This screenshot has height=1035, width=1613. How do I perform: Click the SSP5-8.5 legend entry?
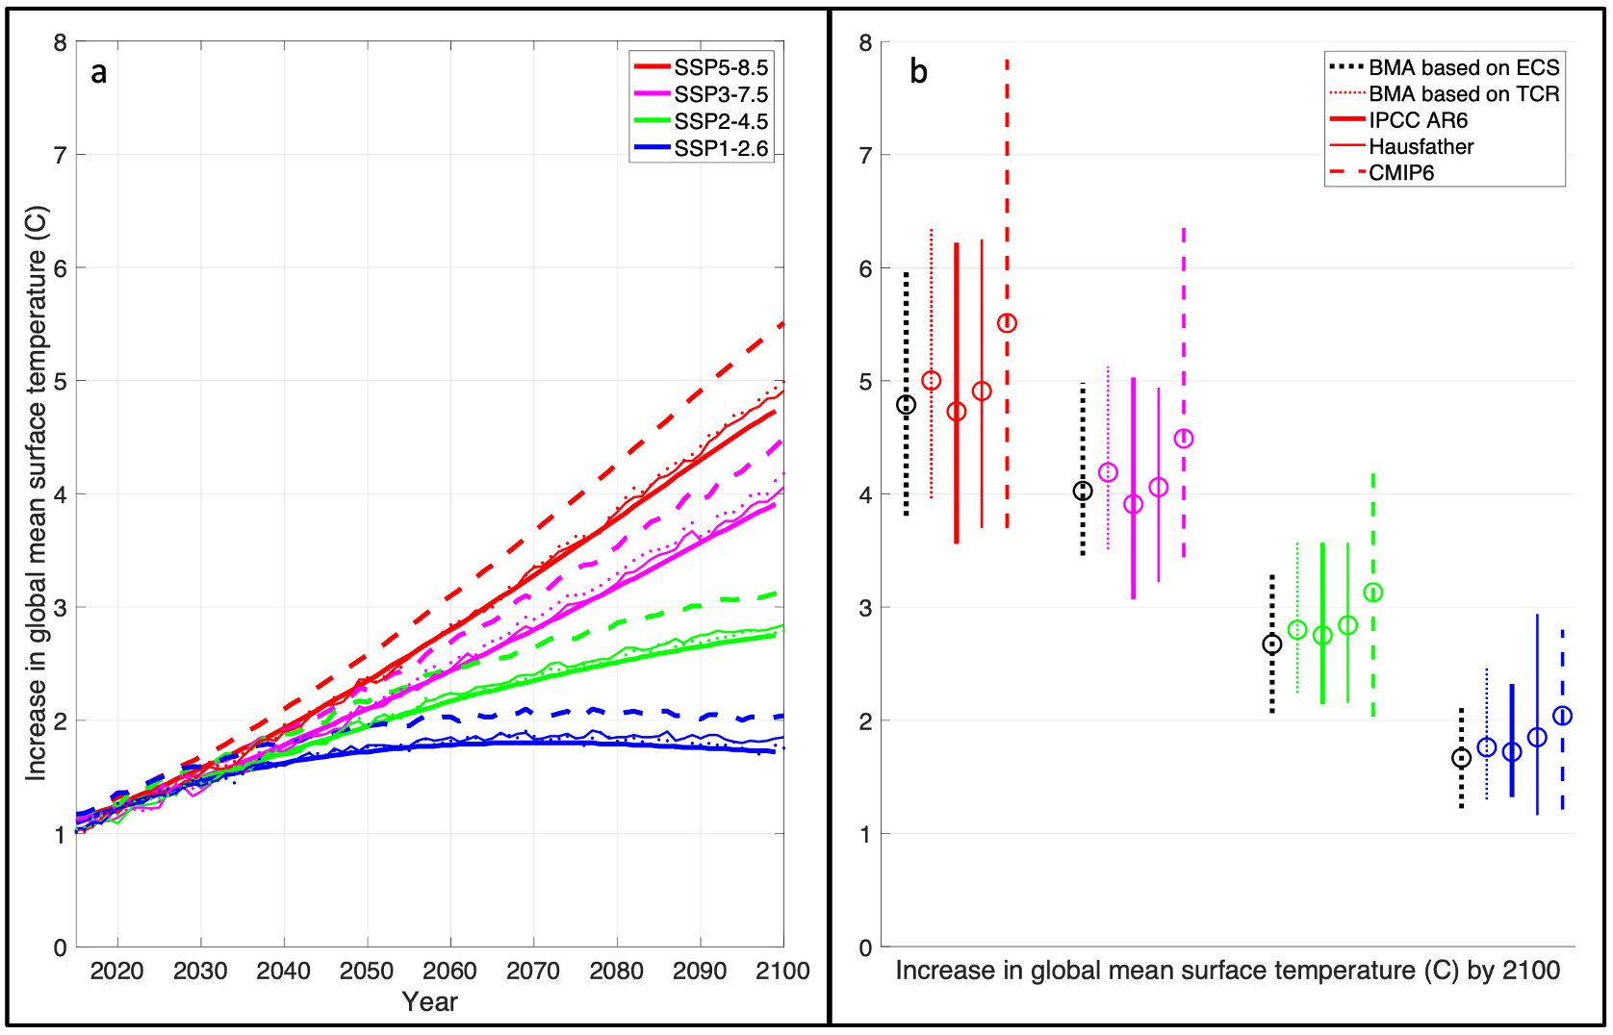pyautogui.click(x=720, y=67)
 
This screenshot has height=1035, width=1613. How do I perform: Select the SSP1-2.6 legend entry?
pyautogui.click(x=720, y=148)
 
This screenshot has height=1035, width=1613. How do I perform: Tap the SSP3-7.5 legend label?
pyautogui.click(x=720, y=94)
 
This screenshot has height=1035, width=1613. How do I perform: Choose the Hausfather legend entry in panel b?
pyautogui.click(x=1421, y=146)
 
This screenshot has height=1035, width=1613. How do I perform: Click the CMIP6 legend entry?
pyautogui.click(x=1401, y=173)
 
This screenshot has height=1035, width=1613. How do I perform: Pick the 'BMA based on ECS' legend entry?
pyautogui.click(x=1463, y=67)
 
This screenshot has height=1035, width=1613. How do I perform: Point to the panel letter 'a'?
pyautogui.click(x=98, y=72)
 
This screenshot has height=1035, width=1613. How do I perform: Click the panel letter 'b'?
pyautogui.click(x=918, y=72)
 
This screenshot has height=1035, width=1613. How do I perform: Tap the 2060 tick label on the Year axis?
pyautogui.click(x=449, y=971)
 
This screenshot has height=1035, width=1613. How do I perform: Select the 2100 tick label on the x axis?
pyautogui.click(x=781, y=971)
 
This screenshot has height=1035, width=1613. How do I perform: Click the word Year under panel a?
pyautogui.click(x=429, y=1001)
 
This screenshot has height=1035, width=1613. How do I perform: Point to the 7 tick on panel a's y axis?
pyautogui.click(x=61, y=155)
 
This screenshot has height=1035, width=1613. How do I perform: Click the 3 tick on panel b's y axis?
pyautogui.click(x=865, y=608)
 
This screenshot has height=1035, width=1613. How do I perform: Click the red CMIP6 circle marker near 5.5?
pyautogui.click(x=1007, y=323)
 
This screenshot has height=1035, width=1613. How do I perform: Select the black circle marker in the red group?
pyautogui.click(x=906, y=405)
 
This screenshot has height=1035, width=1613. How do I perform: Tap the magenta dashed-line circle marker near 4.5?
pyautogui.click(x=1184, y=439)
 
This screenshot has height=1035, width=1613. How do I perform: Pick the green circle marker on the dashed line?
pyautogui.click(x=1373, y=593)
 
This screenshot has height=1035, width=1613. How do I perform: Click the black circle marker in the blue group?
pyautogui.click(x=1461, y=758)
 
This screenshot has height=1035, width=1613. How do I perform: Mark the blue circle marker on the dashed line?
pyautogui.click(x=1562, y=716)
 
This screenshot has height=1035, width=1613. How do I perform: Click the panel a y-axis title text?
pyautogui.click(x=36, y=492)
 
